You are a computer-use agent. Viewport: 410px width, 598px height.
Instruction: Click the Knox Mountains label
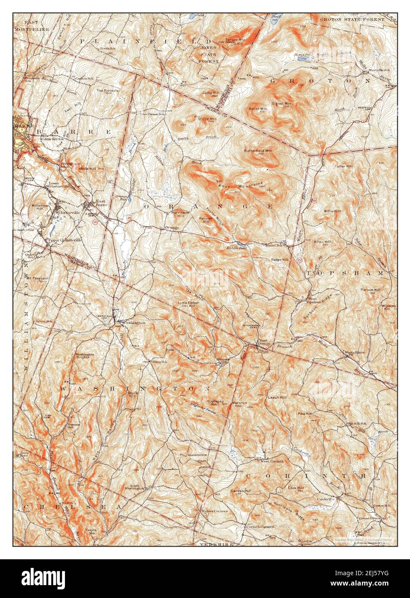pos(241,185)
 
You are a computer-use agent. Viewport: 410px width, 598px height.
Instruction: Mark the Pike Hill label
pos(305,413)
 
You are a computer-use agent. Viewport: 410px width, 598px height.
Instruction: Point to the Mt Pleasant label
pos(37,278)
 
